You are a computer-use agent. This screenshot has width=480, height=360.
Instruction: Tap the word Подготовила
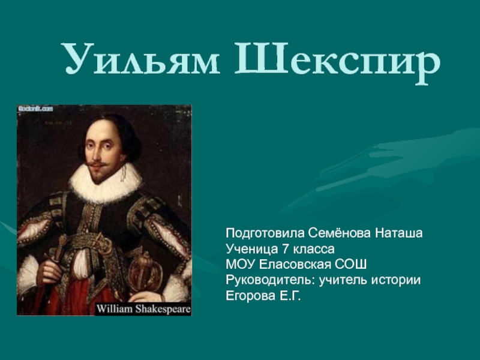pyautogui.click(x=265, y=233)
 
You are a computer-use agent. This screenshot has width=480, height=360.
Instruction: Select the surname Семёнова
pyautogui.click(x=340, y=233)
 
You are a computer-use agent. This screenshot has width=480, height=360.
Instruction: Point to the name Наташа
pyautogui.click(x=399, y=233)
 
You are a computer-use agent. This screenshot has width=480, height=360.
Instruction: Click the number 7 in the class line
pyautogui.click(x=286, y=249)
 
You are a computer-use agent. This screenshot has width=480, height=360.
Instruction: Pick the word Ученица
pyautogui.click(x=252, y=250)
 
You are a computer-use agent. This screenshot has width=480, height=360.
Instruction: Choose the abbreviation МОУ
pyautogui.click(x=241, y=265)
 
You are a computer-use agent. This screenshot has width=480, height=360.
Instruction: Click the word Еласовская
pyautogui.click(x=295, y=265)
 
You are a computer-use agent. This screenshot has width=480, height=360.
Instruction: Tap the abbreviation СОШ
pyautogui.click(x=350, y=265)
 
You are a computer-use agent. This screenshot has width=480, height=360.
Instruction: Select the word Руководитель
pyautogui.click(x=271, y=280)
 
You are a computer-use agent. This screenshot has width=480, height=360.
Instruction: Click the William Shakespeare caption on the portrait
pyautogui.click(x=143, y=309)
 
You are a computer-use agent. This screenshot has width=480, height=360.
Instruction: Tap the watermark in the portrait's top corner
pyautogui.click(x=36, y=109)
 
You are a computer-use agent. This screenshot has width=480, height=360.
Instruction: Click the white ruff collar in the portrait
pyautogui.click(x=106, y=182)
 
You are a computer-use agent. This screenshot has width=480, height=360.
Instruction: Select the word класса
pyautogui.click(x=313, y=250)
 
